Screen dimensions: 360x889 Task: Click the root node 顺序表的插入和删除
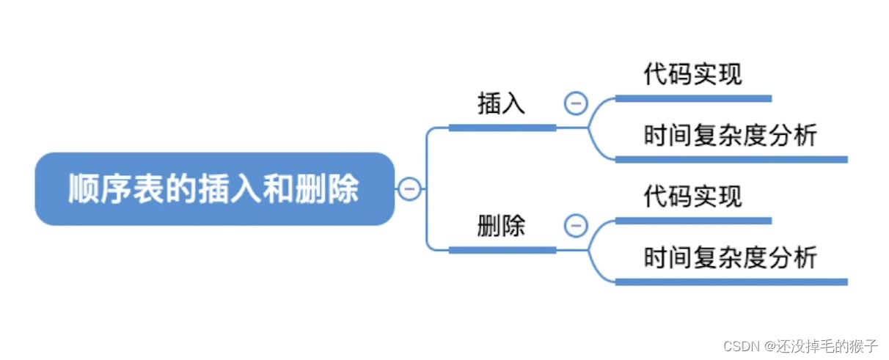tap(214, 188)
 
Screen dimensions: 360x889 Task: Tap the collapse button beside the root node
tap(409, 189)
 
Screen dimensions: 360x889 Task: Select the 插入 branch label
tap(502, 103)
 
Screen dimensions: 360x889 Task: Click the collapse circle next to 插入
tap(576, 103)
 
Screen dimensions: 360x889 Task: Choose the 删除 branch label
tap(502, 226)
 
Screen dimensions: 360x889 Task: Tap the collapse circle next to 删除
tap(576, 226)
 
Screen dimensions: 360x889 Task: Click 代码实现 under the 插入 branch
tap(693, 74)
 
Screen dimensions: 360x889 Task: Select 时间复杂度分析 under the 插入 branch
tap(730, 136)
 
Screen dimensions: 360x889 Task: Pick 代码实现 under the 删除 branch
tap(693, 196)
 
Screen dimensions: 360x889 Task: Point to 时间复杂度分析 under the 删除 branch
tap(730, 258)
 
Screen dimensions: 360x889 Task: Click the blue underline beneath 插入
tap(502, 128)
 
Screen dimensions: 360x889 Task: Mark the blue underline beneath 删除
tap(502, 250)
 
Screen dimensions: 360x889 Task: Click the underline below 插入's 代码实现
tap(693, 98)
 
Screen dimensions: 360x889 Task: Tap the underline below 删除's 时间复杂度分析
tap(731, 282)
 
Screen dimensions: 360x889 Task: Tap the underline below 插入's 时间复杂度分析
tap(731, 159)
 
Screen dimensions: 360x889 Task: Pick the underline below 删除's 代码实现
tap(693, 221)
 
